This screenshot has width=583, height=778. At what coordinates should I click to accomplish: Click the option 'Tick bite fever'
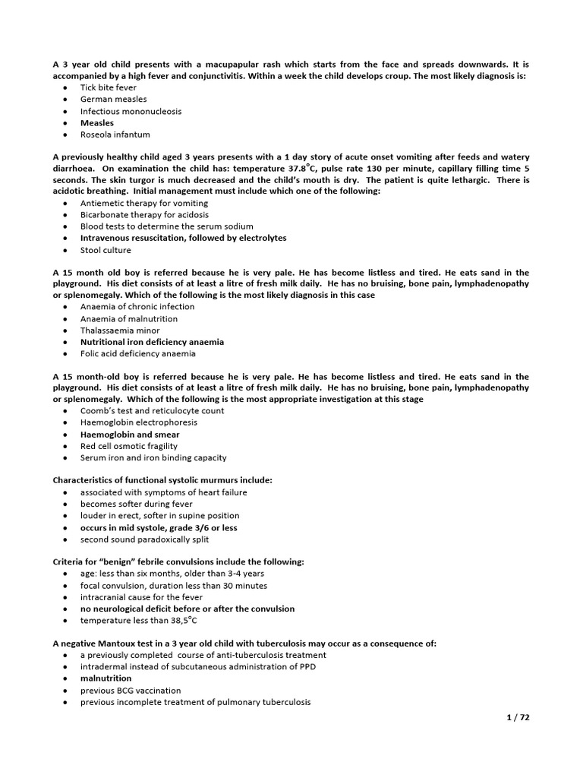109,87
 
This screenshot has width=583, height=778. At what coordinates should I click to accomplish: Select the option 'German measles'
114,99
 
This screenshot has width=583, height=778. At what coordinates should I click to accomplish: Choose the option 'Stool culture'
106,250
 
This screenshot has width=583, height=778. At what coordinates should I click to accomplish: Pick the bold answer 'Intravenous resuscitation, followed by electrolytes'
184,238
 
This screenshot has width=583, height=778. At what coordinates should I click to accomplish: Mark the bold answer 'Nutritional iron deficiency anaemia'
152,342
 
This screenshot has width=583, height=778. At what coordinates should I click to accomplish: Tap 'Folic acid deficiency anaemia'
137,353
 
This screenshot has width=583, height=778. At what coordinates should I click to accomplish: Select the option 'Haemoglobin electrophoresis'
139,422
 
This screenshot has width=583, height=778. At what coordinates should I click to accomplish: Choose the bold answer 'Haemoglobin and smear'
128,435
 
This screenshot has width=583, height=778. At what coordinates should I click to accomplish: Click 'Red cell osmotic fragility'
129,446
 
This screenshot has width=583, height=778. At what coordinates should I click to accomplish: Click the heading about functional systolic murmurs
162,480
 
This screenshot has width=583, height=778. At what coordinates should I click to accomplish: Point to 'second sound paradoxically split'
145,539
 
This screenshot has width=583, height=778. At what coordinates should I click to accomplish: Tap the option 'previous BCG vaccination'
131,691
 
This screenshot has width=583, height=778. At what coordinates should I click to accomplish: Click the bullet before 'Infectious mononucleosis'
66,111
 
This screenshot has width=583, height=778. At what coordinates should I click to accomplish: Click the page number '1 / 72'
517,716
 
